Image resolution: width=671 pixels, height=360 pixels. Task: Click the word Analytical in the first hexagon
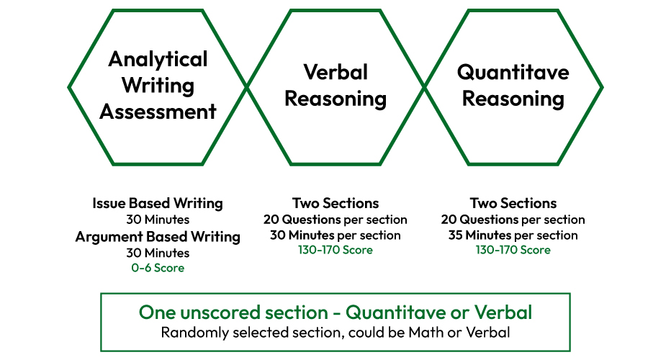coord(158,60)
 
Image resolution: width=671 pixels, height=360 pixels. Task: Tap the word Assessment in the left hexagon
coord(158,112)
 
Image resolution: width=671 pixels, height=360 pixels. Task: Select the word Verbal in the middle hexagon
coord(335,72)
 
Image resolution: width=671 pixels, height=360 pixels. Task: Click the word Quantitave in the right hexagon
coord(513,72)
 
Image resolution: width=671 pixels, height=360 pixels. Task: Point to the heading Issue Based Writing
coord(158,203)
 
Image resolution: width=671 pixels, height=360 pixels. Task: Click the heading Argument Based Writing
coord(158,237)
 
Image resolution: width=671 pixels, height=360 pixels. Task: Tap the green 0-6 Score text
coord(158,268)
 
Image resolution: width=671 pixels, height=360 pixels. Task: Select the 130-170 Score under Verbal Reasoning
coord(335,250)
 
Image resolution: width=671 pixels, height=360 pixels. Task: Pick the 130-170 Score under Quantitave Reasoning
coord(513,250)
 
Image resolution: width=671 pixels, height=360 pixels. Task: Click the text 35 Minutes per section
coord(513,235)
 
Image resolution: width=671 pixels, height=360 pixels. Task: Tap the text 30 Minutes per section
coord(335,235)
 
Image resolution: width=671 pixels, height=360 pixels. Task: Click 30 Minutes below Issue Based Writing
coord(158,220)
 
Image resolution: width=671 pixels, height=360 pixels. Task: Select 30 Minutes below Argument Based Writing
coord(158,253)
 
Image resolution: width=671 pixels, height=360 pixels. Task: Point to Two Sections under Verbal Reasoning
coord(335,203)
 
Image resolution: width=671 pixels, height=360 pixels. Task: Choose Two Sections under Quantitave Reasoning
coord(513,203)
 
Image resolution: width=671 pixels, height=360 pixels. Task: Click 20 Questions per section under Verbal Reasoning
coord(335,220)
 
